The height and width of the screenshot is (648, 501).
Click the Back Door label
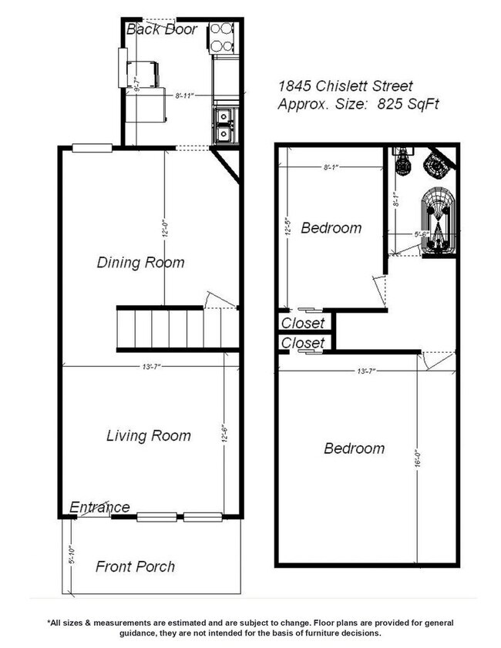(162, 30)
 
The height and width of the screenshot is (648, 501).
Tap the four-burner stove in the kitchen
(223, 37)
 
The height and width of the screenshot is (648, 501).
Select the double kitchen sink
(223, 126)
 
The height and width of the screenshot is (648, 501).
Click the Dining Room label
(140, 262)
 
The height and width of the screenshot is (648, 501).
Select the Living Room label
(148, 435)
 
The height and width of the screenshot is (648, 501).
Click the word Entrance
(99, 507)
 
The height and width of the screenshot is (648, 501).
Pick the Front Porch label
(135, 566)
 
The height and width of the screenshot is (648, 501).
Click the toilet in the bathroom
(399, 163)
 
